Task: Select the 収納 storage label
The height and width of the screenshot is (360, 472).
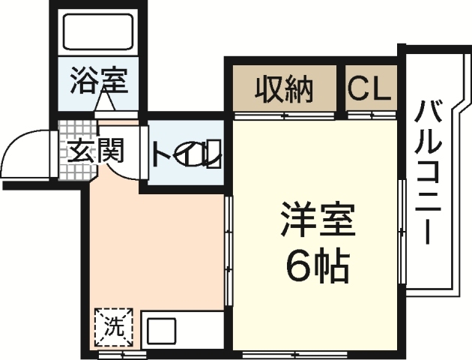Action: [x=285, y=90]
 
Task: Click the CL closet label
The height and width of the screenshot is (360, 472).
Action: [x=370, y=90]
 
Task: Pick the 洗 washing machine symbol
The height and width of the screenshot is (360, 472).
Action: [x=112, y=327]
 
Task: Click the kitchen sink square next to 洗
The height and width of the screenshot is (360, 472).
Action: [x=161, y=331]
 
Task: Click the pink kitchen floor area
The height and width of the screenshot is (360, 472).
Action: [x=157, y=247]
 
